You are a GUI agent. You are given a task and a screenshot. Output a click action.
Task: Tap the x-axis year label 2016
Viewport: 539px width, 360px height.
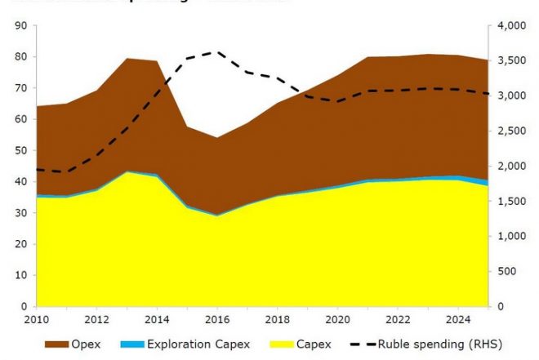[216, 319]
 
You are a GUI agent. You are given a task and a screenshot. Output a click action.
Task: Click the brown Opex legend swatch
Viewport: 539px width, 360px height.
[58, 345]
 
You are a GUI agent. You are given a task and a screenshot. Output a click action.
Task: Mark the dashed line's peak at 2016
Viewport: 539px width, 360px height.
[216, 52]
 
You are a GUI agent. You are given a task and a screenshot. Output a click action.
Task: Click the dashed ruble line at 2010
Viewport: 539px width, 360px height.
[38, 169]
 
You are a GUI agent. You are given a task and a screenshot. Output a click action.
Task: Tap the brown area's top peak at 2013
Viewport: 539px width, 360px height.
[127, 59]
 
